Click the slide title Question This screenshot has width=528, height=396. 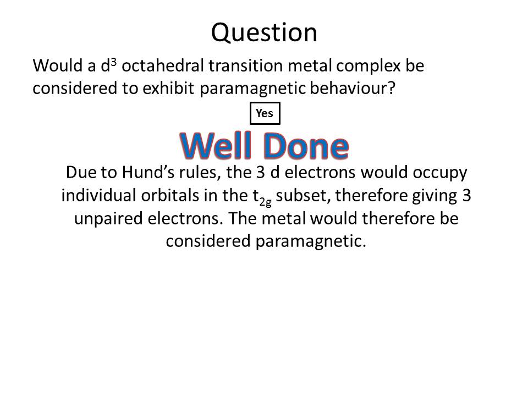tap(264, 33)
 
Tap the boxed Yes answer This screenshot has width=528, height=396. tap(265, 113)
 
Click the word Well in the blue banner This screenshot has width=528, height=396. tap(216, 145)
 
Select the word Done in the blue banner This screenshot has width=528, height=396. tap(306, 145)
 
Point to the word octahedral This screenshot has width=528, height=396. tap(163, 65)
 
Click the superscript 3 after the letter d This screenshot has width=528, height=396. tap(114, 62)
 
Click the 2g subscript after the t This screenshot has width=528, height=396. tap(265, 202)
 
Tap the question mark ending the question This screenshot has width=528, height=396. tap(391, 88)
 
